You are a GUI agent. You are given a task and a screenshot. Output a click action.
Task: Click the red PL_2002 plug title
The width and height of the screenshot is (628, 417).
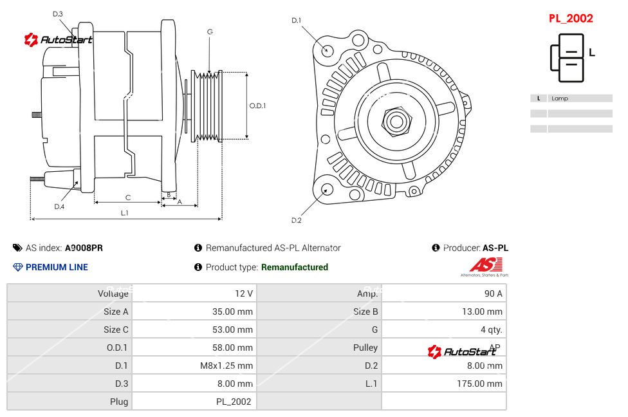pos(571,19)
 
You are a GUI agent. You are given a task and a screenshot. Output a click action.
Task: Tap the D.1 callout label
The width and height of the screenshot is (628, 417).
pos(296,21)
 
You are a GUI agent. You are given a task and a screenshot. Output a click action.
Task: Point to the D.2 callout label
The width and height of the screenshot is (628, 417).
pos(296,221)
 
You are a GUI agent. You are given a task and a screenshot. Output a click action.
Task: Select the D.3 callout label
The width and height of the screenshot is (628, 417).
pos(57,14)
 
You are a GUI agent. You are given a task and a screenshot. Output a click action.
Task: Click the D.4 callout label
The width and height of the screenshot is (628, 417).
pos(59,207)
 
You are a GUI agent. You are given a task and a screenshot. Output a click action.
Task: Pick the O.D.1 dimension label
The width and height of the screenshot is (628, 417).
pos(257,106)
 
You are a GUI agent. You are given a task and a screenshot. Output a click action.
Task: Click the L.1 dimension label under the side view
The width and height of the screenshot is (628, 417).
pos(124,212)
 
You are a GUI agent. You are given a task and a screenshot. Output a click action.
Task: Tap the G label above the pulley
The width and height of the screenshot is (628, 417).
pos(210,32)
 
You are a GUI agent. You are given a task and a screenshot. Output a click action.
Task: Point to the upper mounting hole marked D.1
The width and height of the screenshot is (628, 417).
pos(328,50)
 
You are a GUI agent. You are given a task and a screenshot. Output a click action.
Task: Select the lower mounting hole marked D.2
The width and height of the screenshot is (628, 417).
pos(327,189)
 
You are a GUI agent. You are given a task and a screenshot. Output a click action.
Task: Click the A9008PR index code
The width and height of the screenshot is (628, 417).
pos(84,248)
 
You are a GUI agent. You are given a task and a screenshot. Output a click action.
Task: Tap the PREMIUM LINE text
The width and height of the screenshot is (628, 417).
pos(57,267)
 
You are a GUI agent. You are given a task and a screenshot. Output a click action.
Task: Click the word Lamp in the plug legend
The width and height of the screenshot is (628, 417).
pos(560,98)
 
